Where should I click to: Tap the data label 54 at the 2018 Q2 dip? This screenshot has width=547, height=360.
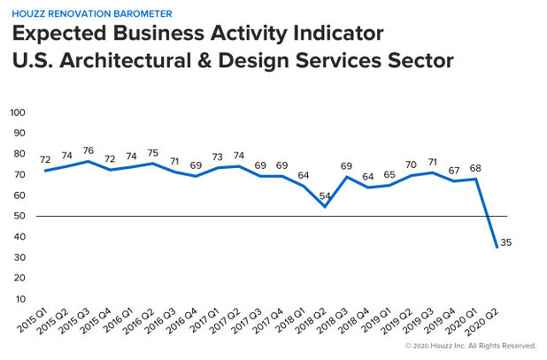[325, 195]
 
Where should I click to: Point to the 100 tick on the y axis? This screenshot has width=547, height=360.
[19, 113]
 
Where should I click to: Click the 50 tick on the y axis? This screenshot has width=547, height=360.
[20, 216]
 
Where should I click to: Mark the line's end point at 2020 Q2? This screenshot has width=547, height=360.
[497, 247]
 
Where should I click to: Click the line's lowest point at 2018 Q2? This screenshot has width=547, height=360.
[325, 207]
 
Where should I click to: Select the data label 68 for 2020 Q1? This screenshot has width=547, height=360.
[475, 168]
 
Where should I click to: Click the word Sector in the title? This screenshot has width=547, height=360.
[414, 62]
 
